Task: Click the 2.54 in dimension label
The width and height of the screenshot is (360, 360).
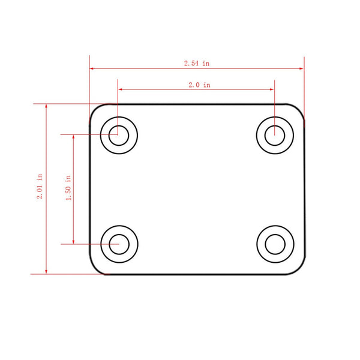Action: (x=197, y=63)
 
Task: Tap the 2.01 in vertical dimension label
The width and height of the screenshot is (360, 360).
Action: (x=40, y=188)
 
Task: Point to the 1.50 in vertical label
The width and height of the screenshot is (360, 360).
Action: (x=68, y=188)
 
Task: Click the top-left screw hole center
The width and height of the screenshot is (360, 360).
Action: (x=119, y=133)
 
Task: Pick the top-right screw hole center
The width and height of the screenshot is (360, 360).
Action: (x=275, y=133)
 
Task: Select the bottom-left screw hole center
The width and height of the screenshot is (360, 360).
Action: (x=119, y=244)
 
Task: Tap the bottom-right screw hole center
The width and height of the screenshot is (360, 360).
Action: (x=275, y=244)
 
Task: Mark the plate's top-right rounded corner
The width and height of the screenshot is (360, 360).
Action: (x=299, y=109)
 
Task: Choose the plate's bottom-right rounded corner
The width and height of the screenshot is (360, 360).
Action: (x=299, y=269)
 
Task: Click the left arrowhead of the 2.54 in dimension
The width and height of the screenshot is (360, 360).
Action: (x=92, y=68)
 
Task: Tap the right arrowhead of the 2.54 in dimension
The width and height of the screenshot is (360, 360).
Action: (x=302, y=68)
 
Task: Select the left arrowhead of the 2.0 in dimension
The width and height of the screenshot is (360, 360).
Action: (x=121, y=89)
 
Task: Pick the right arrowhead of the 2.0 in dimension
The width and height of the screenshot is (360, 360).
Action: (x=272, y=89)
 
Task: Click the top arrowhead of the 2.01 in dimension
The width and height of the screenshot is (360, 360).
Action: (x=47, y=106)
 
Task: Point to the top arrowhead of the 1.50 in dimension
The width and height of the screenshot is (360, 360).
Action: (x=74, y=136)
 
